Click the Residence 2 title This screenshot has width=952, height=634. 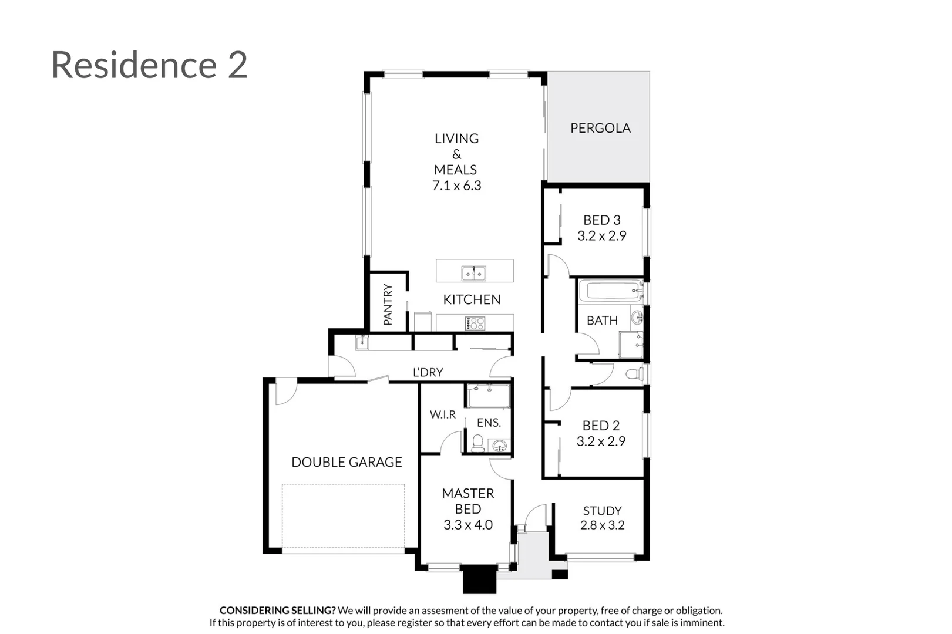tap(149, 65)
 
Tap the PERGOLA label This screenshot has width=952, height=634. tap(600, 128)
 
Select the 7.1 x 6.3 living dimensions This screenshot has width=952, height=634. tap(456, 186)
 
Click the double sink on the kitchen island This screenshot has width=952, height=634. tap(473, 273)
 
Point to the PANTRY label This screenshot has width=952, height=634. tap(388, 304)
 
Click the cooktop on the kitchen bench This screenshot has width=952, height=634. tap(475, 323)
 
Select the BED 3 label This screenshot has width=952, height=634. tap(601, 220)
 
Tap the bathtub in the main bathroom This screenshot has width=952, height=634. tap(611, 291)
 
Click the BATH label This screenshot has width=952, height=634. tap(602, 321)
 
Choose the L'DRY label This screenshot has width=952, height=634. tap(428, 372)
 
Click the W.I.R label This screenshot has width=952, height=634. tap(442, 414)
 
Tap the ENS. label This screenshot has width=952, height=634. tap(489, 423)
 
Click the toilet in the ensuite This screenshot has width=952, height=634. tap(477, 443)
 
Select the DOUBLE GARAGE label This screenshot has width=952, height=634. tap(347, 462)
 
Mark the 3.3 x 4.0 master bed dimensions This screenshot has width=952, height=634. tap(467, 525)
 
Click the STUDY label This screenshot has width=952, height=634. tap(602, 511)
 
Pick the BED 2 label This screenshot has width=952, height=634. tap(601, 426)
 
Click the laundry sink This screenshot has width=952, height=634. tap(362, 342)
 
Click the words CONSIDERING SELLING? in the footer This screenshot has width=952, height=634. tap(277, 611)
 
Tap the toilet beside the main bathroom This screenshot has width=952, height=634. tap(634, 374)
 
